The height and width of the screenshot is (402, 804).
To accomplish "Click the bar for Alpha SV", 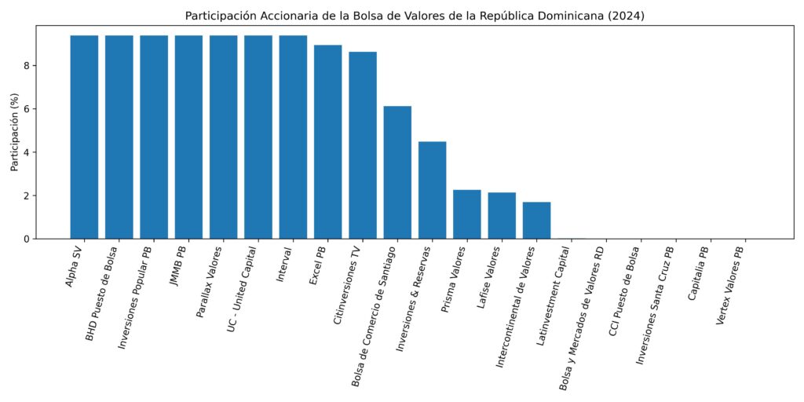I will pos(84,137).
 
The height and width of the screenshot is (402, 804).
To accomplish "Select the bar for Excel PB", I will pos(327,142).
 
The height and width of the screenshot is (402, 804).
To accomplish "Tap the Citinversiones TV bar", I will pos(363,145).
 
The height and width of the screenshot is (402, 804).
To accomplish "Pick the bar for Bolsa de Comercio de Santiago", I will pos(397,173).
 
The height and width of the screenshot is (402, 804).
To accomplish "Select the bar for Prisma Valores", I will pos(467,214).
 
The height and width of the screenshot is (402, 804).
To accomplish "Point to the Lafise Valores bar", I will pos(502,216).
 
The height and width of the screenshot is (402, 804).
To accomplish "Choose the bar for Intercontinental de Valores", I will pos(536,221).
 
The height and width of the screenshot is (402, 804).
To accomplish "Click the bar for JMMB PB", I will pos(188,137).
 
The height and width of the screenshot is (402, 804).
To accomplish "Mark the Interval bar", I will pos(293,137).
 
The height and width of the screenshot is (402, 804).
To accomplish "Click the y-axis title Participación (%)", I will pos(13,132).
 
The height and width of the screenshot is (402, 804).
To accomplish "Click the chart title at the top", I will pos(415,16).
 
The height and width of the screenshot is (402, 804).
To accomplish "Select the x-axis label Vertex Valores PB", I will pos(730,287).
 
